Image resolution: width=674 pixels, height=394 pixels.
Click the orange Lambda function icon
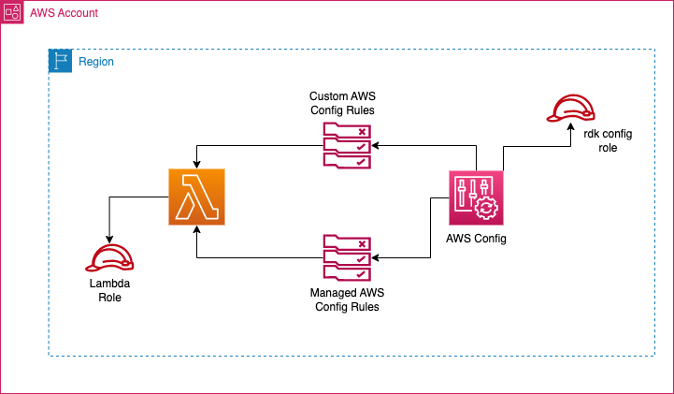[196, 197]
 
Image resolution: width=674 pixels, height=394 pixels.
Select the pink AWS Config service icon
[476, 197]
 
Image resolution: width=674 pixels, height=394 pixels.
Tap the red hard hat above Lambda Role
[109, 258]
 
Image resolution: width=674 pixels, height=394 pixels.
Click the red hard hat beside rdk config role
[571, 109]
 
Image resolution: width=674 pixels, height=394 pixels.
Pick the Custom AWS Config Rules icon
[347, 145]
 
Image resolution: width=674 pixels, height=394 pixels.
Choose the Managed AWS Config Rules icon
[347, 257]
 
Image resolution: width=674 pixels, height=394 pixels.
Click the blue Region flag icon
[60, 61]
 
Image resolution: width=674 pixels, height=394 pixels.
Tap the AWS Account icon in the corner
[12, 12]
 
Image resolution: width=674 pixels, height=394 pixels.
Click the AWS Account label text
[65, 13]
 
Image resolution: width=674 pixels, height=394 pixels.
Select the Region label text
[96, 62]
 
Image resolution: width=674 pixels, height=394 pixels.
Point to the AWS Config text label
[476, 239]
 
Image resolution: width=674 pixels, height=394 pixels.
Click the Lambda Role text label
[109, 290]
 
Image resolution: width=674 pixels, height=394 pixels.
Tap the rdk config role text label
[608, 140]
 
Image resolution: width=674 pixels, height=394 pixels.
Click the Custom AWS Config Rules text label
[342, 103]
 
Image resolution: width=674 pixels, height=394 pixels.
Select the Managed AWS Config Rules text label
[347, 299]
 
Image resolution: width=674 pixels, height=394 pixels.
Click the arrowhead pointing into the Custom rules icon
[375, 146]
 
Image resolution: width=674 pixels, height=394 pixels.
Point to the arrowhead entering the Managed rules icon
[375, 257]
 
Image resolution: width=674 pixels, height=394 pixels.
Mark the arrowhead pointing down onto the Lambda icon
[197, 165]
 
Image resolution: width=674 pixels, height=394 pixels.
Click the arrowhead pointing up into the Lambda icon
[197, 229]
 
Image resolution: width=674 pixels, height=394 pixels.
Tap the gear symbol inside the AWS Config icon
[486, 208]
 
